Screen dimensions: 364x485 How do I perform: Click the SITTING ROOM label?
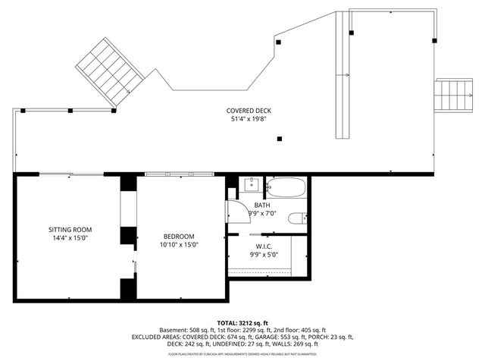(x=70, y=229)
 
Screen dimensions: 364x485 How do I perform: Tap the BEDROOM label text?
(x=179, y=236)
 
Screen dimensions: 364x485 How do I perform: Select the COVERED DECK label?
(x=249, y=111)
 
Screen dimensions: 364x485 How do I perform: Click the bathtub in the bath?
(x=286, y=187)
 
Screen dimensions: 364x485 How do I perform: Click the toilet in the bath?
(x=297, y=218)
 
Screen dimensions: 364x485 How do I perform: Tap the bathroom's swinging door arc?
(x=234, y=210)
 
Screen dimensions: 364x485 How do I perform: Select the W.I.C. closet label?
(x=264, y=246)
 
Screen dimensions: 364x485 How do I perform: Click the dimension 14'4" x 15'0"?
(x=70, y=238)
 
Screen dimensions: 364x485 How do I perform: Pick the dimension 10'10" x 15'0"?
(x=179, y=245)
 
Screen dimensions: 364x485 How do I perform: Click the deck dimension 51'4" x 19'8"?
(x=249, y=119)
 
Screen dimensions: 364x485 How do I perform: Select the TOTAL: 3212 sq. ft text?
(x=242, y=322)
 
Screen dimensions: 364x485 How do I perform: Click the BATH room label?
(x=262, y=205)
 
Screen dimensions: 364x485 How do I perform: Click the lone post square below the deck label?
(x=280, y=139)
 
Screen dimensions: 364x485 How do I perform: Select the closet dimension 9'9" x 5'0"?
(x=264, y=255)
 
